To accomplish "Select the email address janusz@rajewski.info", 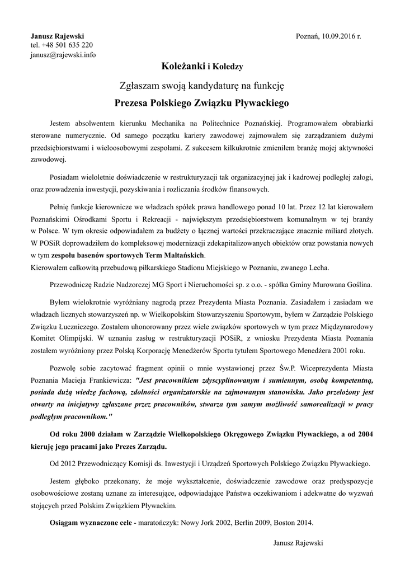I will pyautogui.click(x=63, y=55).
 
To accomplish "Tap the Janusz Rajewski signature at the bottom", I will pyautogui.click(x=298, y=543).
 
